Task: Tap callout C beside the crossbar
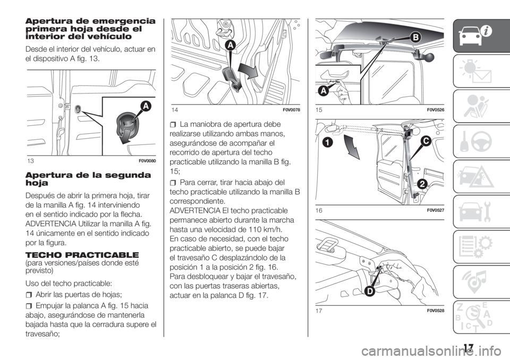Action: click(425, 141)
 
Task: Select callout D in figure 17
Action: click(368, 291)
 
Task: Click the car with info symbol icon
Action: click(474, 36)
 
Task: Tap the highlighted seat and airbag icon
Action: click(473, 106)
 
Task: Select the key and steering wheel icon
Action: click(474, 141)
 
